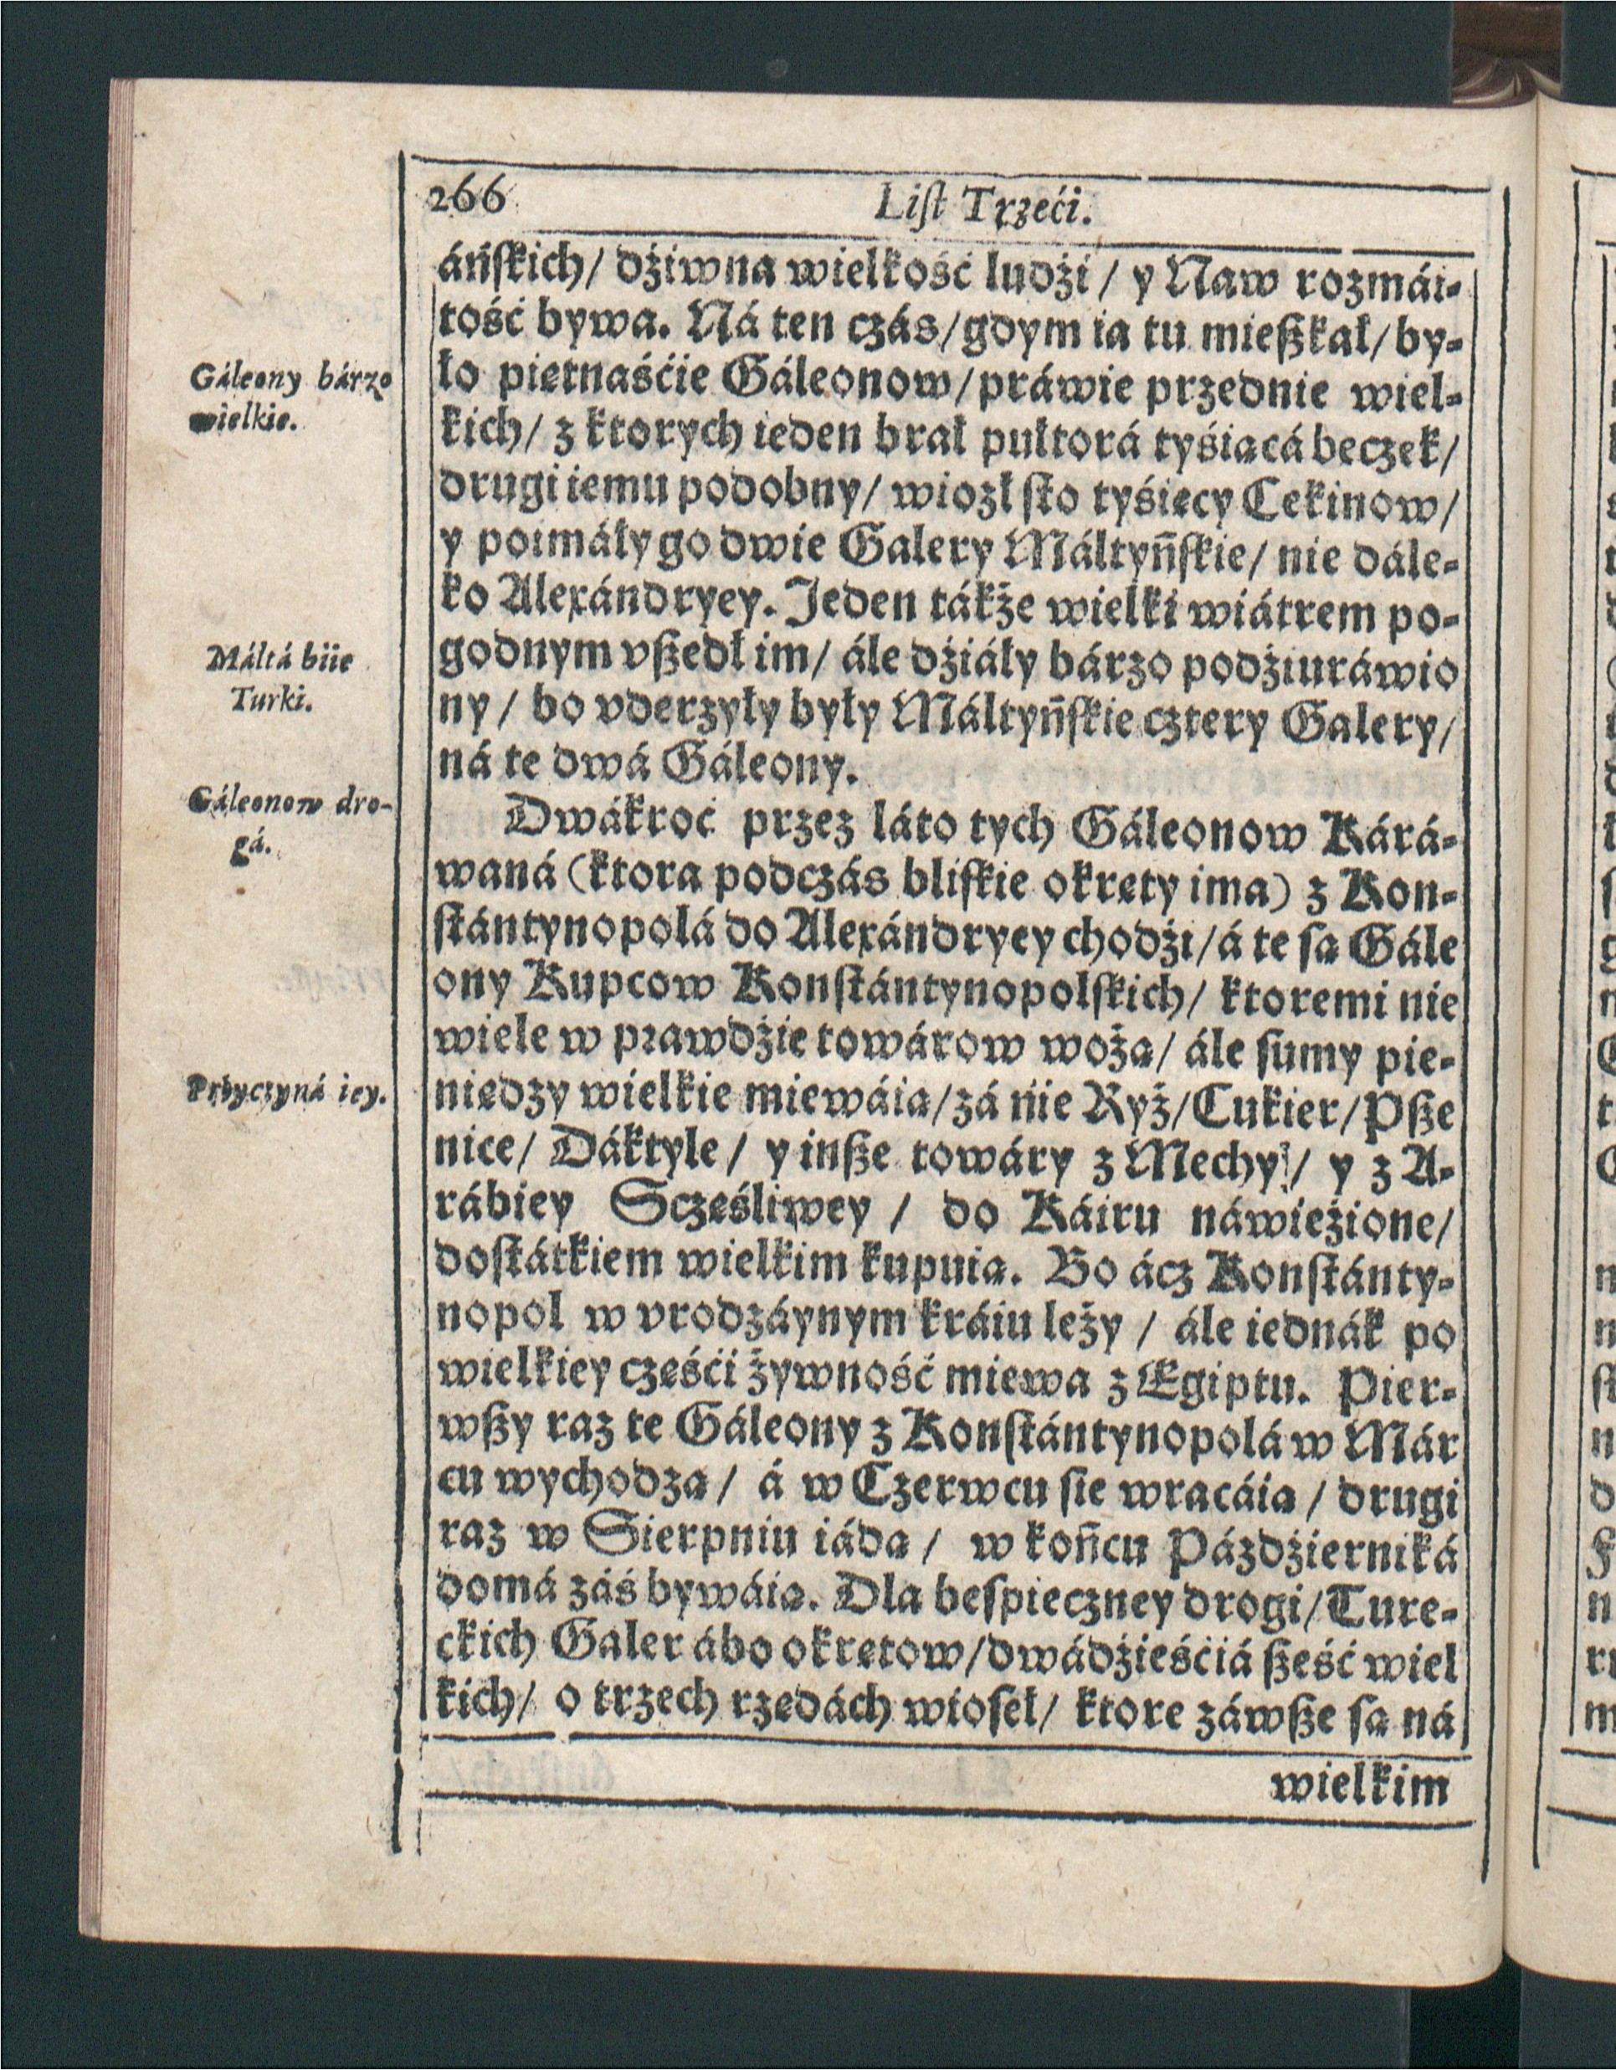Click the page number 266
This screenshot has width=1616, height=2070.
click(465, 202)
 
